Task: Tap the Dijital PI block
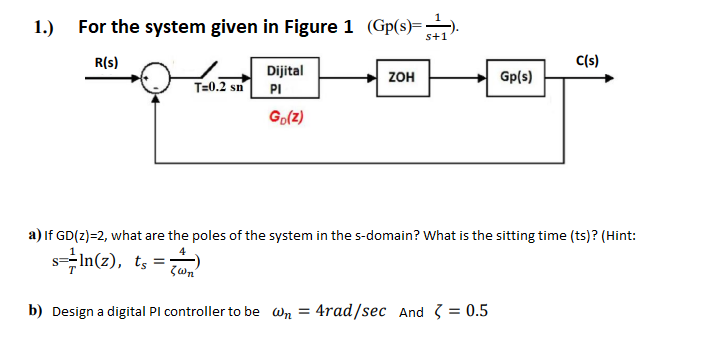[279, 78]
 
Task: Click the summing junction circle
[156, 78]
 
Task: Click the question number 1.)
[44, 27]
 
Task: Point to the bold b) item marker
[34, 311]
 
